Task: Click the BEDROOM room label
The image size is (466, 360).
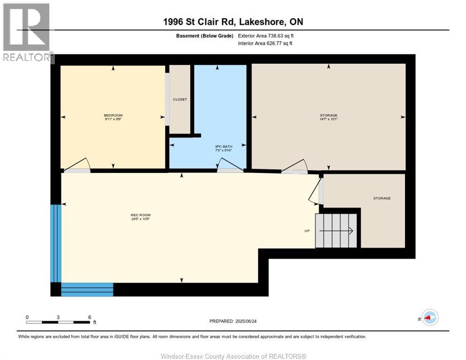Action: pyautogui.click(x=113, y=115)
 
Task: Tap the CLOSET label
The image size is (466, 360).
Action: pyautogui.click(x=180, y=99)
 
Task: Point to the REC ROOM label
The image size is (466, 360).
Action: pyautogui.click(x=140, y=215)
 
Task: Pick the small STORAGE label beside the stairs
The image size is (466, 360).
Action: pyautogui.click(x=382, y=198)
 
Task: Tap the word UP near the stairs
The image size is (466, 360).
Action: pyautogui.click(x=307, y=231)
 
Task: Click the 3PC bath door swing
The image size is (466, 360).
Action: pyautogui.click(x=230, y=165)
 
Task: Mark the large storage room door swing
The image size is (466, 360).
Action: pyautogui.click(x=294, y=166)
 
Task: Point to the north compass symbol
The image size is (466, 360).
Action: pyautogui.click(x=429, y=318)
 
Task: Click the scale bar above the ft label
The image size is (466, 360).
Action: pyautogui.click(x=58, y=322)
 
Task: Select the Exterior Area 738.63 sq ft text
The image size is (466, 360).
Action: pyautogui.click(x=266, y=36)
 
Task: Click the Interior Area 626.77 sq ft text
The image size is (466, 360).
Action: pyautogui.click(x=265, y=44)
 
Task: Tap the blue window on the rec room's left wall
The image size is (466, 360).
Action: pyautogui.click(x=56, y=243)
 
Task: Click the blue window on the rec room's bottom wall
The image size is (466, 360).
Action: pyautogui.click(x=87, y=289)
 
